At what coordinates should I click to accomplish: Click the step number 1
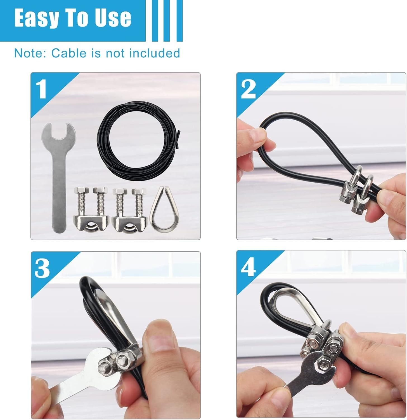coord(42,89)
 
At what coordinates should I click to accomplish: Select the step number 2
coord(248,89)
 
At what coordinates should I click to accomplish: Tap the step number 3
coord(42,268)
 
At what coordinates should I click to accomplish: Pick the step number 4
coord(248,268)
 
